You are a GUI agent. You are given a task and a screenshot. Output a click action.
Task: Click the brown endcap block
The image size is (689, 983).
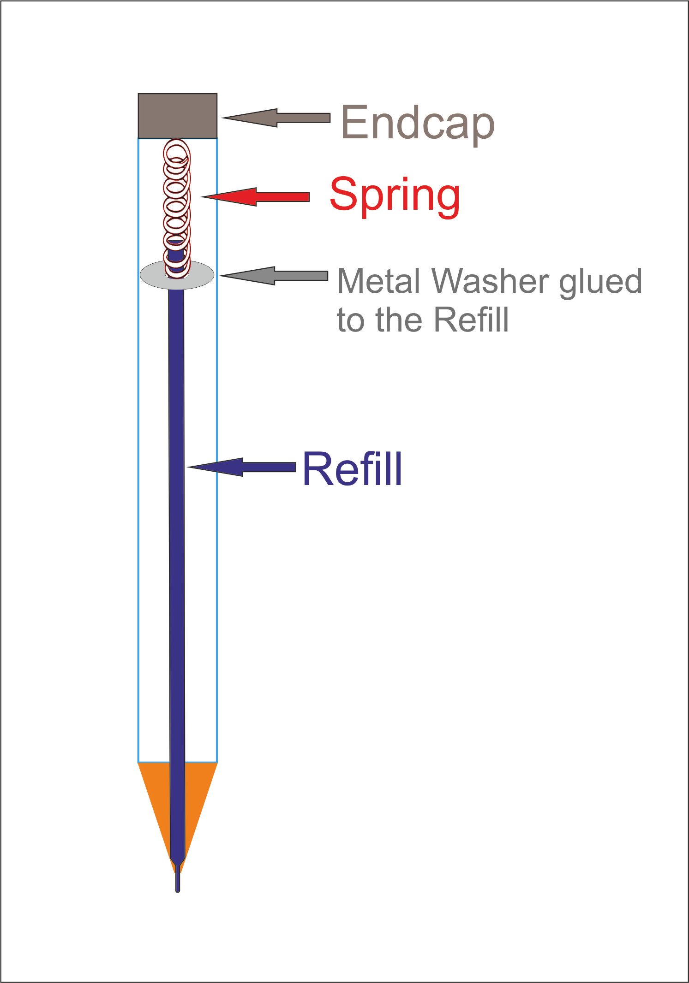point(178,116)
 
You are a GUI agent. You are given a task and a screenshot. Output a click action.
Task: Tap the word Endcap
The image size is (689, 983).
point(418,123)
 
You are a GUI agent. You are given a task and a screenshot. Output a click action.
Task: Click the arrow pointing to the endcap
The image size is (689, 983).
point(276,118)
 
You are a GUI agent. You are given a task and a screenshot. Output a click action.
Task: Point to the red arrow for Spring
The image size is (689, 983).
point(256,197)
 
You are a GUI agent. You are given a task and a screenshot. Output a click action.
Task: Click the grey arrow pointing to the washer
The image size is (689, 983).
point(274,276)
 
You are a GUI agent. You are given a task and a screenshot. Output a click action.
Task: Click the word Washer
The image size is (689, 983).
point(491,281)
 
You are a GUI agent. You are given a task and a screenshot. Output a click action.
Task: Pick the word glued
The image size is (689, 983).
point(600,283)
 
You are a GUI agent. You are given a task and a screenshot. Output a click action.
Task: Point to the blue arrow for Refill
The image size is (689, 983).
point(242,467)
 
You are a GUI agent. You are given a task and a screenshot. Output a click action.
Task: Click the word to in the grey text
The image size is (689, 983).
point(352,320)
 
